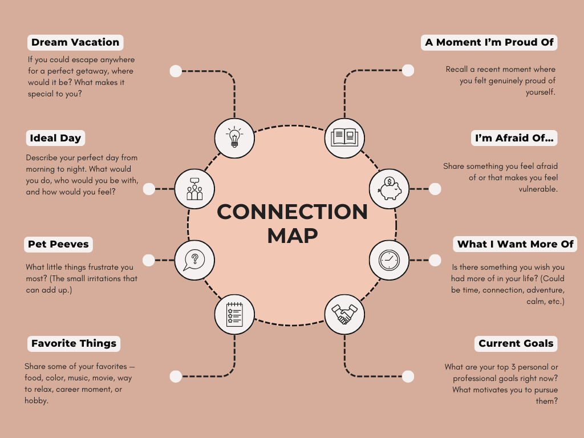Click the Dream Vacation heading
pos(75,42)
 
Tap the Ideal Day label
pos(56,138)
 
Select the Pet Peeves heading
pos(58,245)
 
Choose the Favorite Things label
pos(74,343)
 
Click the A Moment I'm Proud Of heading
pos(489,42)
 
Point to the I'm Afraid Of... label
pos(515,138)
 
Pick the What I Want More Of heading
pos(515,245)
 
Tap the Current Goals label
pos(516,343)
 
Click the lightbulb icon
pos(234,137)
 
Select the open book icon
pos(344,137)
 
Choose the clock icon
pos(389,260)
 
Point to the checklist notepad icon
pos(234,314)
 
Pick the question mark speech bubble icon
pos(194,260)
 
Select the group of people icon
pos(194,188)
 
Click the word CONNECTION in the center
pos(292,212)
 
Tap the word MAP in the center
pos(292,235)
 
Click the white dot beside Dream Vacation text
pos(176,71)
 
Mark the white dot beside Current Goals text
pos(408,376)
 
